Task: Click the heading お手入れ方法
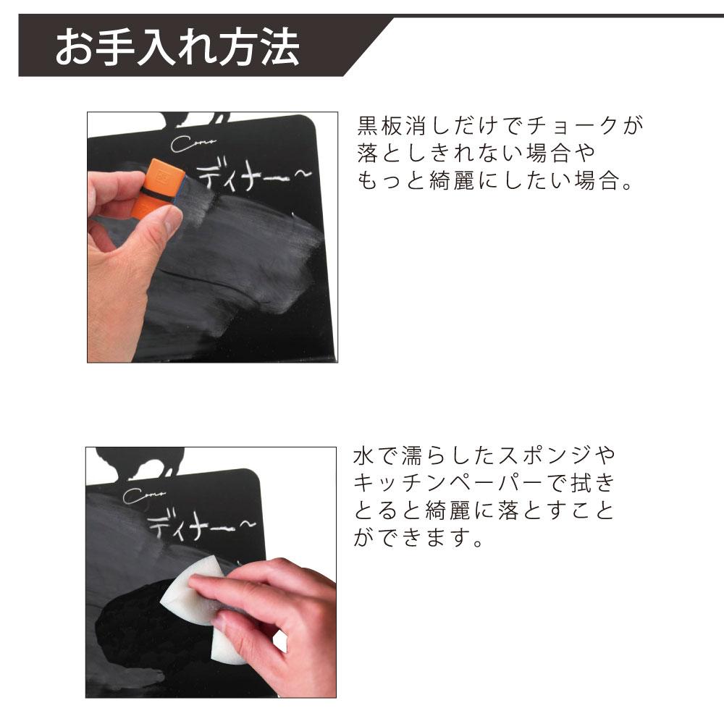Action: (x=177, y=47)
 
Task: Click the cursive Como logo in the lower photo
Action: (x=145, y=496)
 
